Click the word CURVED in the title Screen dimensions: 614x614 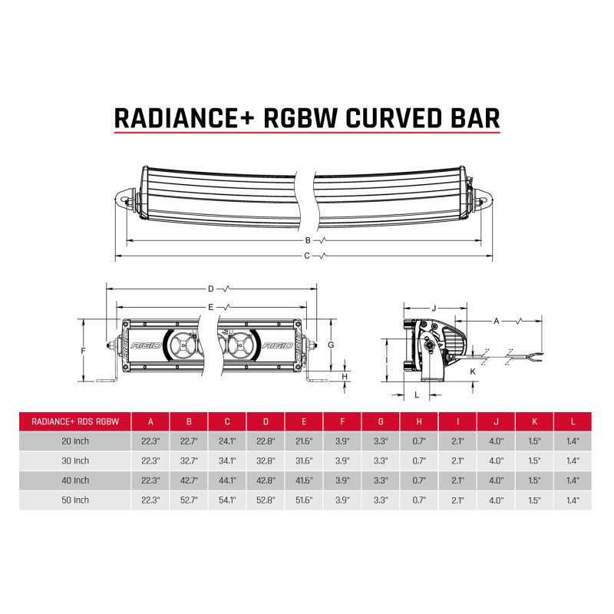(x=384, y=117)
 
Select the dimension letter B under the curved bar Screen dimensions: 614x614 (x=307, y=240)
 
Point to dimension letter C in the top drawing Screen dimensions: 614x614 (x=307, y=256)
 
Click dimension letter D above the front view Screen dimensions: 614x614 (x=211, y=289)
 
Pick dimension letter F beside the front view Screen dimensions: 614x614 (x=83, y=350)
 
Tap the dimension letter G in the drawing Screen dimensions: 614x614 (x=330, y=345)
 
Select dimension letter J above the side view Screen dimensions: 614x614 (x=434, y=309)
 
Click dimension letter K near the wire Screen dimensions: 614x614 (x=473, y=371)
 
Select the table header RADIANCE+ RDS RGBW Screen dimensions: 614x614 (x=75, y=421)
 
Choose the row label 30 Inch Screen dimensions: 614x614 (x=75, y=460)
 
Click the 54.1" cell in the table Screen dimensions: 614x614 (x=227, y=500)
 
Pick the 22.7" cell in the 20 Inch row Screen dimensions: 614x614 (x=189, y=441)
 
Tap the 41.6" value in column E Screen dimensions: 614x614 (x=304, y=480)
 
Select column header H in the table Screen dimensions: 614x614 (x=419, y=421)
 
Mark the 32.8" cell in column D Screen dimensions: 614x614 (x=266, y=460)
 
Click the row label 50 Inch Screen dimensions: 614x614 (x=75, y=500)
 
